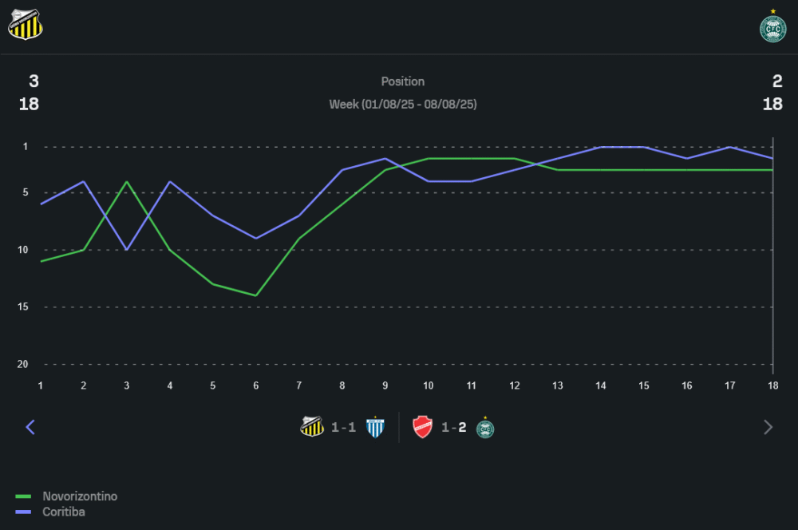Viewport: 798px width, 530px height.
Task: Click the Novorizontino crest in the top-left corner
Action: (26, 24)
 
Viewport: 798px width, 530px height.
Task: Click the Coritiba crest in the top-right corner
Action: (772, 27)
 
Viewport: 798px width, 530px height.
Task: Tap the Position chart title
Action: (403, 81)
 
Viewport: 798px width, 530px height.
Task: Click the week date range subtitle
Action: (403, 104)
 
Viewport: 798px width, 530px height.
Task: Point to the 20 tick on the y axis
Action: (23, 364)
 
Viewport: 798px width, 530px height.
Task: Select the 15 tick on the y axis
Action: (23, 307)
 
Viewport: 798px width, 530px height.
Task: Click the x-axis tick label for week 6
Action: (256, 386)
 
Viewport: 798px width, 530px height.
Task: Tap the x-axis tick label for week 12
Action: (515, 386)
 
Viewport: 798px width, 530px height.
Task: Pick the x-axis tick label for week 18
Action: (772, 386)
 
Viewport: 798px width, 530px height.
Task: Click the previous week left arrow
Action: (30, 427)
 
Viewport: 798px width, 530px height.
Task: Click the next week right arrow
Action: (768, 427)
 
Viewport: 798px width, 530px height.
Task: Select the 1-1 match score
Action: (343, 427)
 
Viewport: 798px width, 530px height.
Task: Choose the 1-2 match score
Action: (453, 427)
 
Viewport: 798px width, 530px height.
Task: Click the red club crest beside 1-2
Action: (422, 427)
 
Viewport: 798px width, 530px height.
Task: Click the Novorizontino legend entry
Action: (79, 496)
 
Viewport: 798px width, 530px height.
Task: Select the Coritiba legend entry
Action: (63, 512)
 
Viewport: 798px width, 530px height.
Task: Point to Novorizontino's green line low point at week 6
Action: (256, 295)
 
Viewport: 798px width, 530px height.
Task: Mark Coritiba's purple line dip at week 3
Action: (127, 250)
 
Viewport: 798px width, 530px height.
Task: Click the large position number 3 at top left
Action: (34, 81)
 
